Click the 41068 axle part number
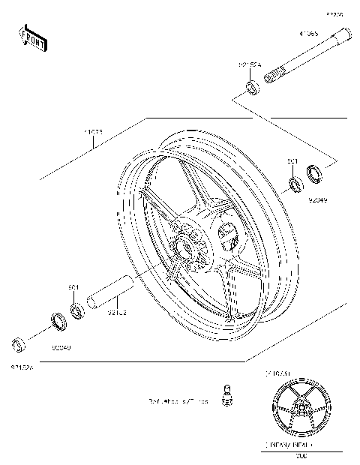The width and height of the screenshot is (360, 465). tap(308, 34)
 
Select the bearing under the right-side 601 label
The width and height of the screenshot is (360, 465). tap(295, 182)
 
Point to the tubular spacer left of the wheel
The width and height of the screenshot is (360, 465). tap(109, 292)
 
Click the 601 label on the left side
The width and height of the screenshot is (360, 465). tap(74, 287)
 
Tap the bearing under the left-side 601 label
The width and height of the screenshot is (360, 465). tap(76, 309)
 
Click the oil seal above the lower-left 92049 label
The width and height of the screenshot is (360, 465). tap(56, 322)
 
